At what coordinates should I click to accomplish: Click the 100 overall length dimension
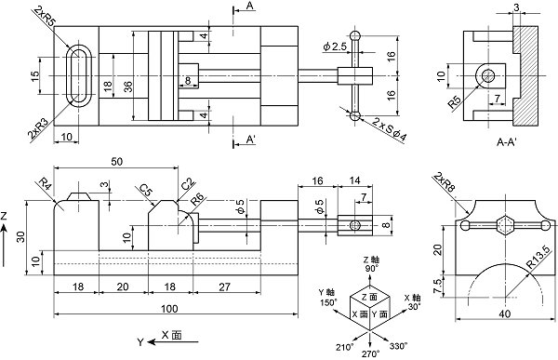coord(169,308)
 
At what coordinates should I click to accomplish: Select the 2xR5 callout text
coord(46,17)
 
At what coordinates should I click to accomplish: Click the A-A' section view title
coord(507,142)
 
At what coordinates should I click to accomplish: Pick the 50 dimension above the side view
coord(117,161)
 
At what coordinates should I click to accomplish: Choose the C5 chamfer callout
coord(146,191)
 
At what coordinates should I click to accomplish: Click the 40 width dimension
coord(505,314)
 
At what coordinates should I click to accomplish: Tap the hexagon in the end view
coord(505,225)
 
